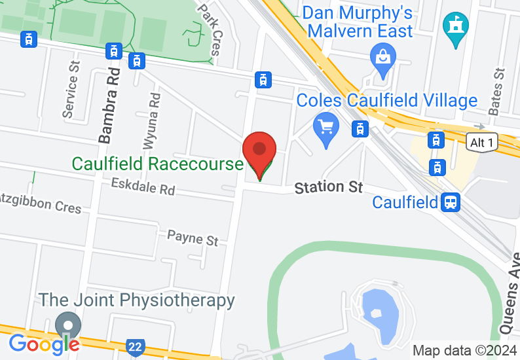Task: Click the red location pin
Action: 259,153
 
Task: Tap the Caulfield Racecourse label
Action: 157,163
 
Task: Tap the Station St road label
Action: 328,187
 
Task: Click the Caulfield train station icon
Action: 450,202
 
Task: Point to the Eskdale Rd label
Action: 143,188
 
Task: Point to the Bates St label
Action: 498,91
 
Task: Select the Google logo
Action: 44,344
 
